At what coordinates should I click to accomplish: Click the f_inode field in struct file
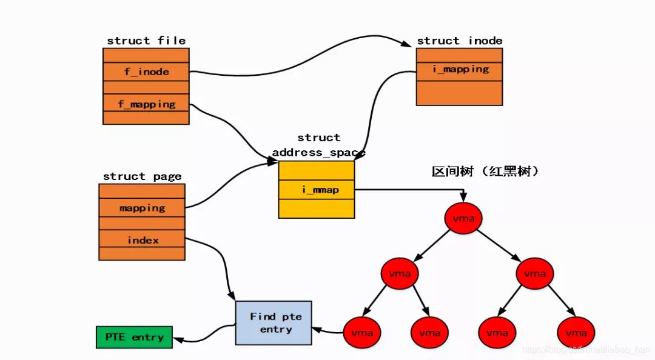146,72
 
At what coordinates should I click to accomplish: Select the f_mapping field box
146,104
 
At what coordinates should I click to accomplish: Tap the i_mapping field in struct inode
460,69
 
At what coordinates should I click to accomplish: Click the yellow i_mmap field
316,190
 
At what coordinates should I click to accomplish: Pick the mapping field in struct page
142,208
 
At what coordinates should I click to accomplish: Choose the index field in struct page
142,240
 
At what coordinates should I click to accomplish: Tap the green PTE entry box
134,337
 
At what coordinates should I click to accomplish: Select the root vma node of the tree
463,218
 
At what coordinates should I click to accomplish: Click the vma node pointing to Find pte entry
362,332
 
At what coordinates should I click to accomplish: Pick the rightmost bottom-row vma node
576,332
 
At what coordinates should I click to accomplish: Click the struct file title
146,41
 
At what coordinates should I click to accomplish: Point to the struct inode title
460,41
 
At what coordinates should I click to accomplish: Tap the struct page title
142,176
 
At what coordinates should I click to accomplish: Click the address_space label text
318,152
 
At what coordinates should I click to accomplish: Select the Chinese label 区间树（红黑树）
485,172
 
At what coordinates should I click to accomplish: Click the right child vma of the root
534,274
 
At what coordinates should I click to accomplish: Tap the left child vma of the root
400,274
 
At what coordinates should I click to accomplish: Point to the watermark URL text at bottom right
585,350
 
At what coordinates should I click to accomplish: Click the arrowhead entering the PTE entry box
178,339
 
